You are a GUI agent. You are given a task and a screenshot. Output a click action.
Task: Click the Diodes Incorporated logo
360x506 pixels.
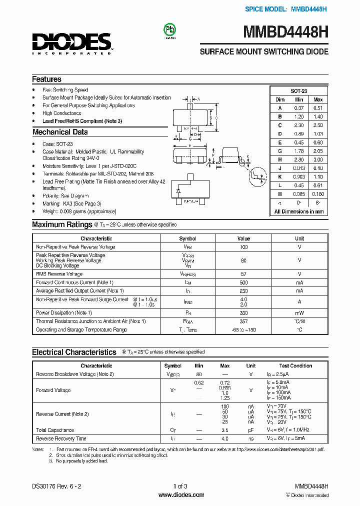[x=71, y=43]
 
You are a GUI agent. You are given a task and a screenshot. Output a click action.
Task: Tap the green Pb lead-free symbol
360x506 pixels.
[x=170, y=30]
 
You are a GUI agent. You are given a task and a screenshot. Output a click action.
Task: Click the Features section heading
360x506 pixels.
[x=46, y=79]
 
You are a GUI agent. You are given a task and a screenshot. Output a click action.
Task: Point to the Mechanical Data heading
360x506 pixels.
[x=60, y=132]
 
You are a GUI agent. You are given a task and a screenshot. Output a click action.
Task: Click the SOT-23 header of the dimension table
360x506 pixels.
[x=299, y=91]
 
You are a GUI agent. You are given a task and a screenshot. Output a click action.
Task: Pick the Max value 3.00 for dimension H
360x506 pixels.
[x=317, y=159]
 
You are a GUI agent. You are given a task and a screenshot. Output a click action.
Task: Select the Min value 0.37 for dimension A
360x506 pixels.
[x=299, y=108]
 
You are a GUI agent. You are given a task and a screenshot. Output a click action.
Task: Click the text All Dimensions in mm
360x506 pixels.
[x=299, y=211]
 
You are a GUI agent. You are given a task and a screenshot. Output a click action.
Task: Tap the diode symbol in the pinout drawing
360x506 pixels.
[x=178, y=191]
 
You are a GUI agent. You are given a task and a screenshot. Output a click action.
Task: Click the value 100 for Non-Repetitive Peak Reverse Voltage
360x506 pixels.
[x=243, y=247]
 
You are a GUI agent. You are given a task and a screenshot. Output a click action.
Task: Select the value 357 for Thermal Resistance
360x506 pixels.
[x=243, y=321]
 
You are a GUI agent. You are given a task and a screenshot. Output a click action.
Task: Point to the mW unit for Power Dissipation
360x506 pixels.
[x=299, y=312]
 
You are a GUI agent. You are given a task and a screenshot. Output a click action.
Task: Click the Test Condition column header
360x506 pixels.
[x=295, y=366]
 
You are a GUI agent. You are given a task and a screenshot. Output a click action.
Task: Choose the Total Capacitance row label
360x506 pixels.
[x=55, y=430]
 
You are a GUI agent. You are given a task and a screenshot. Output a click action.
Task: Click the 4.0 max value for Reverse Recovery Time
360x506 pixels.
[x=225, y=438]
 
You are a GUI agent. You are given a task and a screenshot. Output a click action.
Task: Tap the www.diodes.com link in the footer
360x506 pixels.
[x=181, y=495]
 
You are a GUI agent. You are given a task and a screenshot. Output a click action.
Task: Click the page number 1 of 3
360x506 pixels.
[x=180, y=486]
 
